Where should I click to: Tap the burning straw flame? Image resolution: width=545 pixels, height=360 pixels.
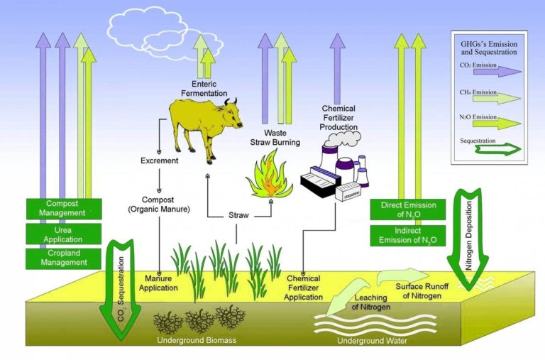[269, 178]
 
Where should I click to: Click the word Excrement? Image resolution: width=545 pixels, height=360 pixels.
[159, 160]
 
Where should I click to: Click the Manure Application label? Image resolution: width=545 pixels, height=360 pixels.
[158, 283]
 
